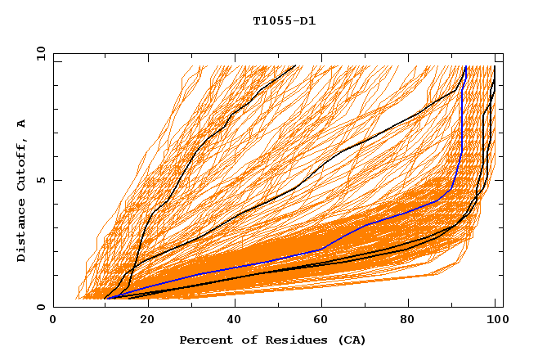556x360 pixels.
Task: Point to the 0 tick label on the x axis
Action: pos(53,322)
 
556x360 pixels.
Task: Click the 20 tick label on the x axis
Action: pos(143,322)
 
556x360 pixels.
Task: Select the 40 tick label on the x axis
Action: pos(233,322)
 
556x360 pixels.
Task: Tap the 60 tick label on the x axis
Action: pos(323,322)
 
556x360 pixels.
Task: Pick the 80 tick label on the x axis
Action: pos(413,322)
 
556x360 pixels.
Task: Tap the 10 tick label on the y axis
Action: pos(38,53)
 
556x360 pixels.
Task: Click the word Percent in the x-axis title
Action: pos(204,340)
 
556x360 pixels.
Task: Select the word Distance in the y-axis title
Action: pos(21,231)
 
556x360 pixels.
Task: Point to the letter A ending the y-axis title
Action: pos(21,124)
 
